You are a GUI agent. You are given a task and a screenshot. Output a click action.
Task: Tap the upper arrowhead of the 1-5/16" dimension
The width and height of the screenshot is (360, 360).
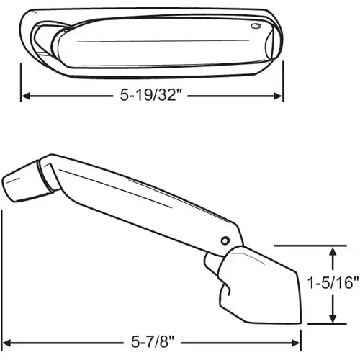coord(332,251)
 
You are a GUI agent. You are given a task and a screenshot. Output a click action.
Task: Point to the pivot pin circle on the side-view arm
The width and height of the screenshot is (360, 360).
coord(226,240)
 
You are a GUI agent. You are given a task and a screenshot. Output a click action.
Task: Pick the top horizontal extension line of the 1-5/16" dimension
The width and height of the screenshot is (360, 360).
coord(317,246)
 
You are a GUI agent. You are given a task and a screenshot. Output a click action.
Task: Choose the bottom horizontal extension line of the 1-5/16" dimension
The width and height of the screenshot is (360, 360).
coord(317,323)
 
